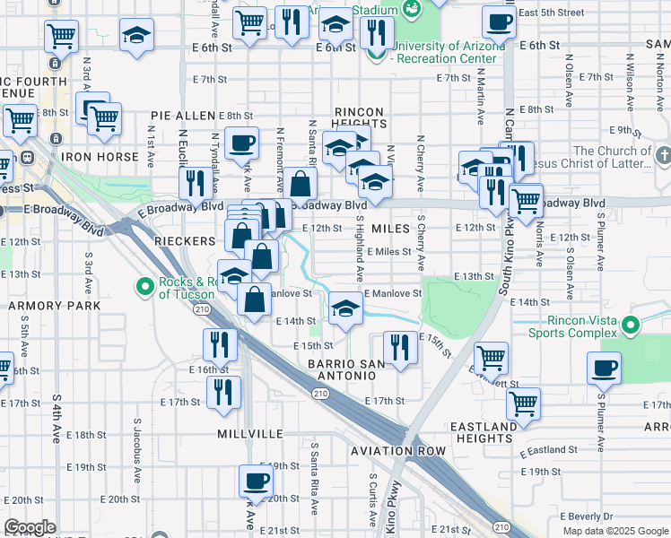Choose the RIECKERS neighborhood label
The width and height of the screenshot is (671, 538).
(184, 241)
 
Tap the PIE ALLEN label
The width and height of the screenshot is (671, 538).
(183, 116)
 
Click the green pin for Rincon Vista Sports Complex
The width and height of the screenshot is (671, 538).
(632, 325)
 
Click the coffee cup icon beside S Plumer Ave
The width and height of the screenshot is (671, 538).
(604, 368)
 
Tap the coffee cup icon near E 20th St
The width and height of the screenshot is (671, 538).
(256, 481)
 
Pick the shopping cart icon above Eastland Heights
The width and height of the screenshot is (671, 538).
(523, 403)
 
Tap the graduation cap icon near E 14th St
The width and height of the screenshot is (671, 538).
(345, 309)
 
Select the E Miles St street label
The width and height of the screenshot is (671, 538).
(388, 252)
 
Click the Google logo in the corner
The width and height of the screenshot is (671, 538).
(30, 527)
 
